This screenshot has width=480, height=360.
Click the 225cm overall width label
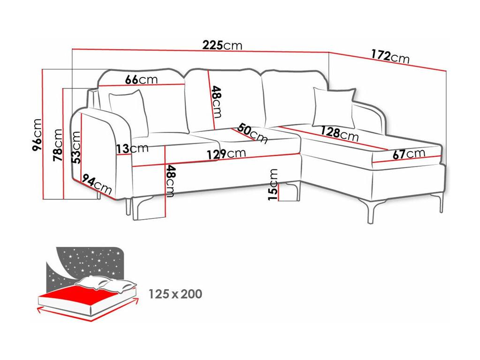pyautogui.click(x=222, y=46)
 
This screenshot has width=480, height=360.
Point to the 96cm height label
pyautogui.click(x=37, y=135)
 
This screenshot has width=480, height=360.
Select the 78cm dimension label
pyautogui.click(x=58, y=145)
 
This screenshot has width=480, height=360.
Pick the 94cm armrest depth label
pyautogui.click(x=97, y=184)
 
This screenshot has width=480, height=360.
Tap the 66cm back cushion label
pyautogui.click(x=141, y=80)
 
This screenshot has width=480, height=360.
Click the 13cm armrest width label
pyautogui.click(x=132, y=149)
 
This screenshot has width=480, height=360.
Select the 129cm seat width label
pyautogui.click(x=226, y=153)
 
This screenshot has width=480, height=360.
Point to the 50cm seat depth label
pyautogui.click(x=252, y=133)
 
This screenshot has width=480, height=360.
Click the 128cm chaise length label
pyautogui.click(x=340, y=134)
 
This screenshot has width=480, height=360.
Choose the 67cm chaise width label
pyautogui.click(x=409, y=153)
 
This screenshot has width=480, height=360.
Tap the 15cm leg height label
pyautogui.click(x=273, y=184)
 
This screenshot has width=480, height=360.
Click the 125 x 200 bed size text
pyautogui.click(x=175, y=294)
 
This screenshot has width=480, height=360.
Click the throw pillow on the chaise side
pyautogui.click(x=334, y=107)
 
